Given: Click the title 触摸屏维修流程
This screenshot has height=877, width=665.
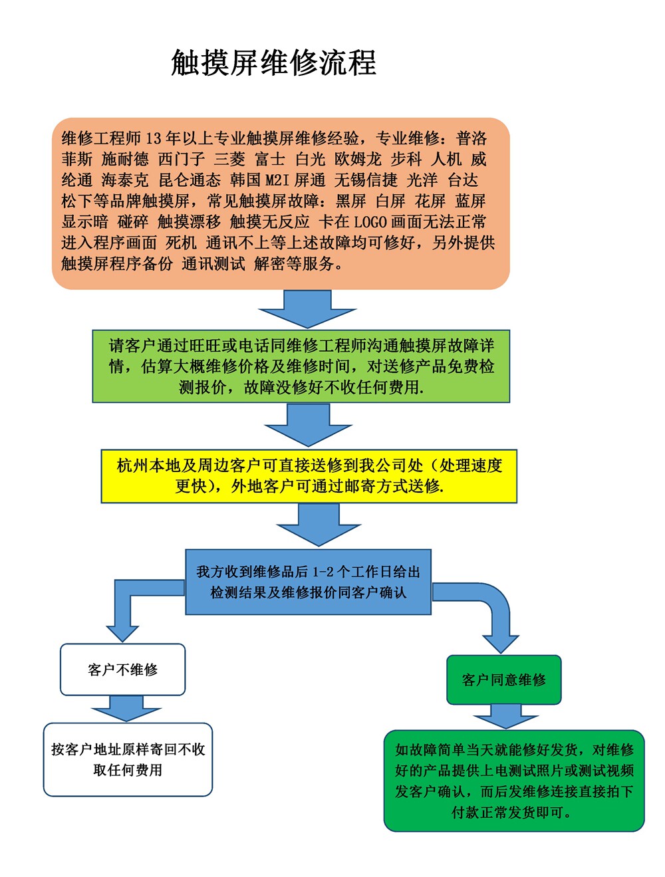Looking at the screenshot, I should (273, 63).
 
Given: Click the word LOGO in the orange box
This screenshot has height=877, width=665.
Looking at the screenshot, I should (370, 222).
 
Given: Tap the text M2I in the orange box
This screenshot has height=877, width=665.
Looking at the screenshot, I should (277, 180).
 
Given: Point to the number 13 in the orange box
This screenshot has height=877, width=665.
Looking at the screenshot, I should (153, 138).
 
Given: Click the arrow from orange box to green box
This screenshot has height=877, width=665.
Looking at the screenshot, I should (307, 309).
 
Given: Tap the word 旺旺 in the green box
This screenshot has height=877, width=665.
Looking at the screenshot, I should (205, 346).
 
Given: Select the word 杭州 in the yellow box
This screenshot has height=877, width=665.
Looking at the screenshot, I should (132, 465).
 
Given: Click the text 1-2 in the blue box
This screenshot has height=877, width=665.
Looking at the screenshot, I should (323, 572).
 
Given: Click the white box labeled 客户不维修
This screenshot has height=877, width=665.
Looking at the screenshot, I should (122, 670).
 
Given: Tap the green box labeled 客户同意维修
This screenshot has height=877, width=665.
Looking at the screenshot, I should (503, 680).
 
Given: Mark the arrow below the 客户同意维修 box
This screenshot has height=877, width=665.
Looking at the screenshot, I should (505, 717).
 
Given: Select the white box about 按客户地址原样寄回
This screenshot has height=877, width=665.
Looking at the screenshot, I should (128, 759).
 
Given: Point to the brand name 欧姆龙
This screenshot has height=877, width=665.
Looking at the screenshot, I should (358, 160).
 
